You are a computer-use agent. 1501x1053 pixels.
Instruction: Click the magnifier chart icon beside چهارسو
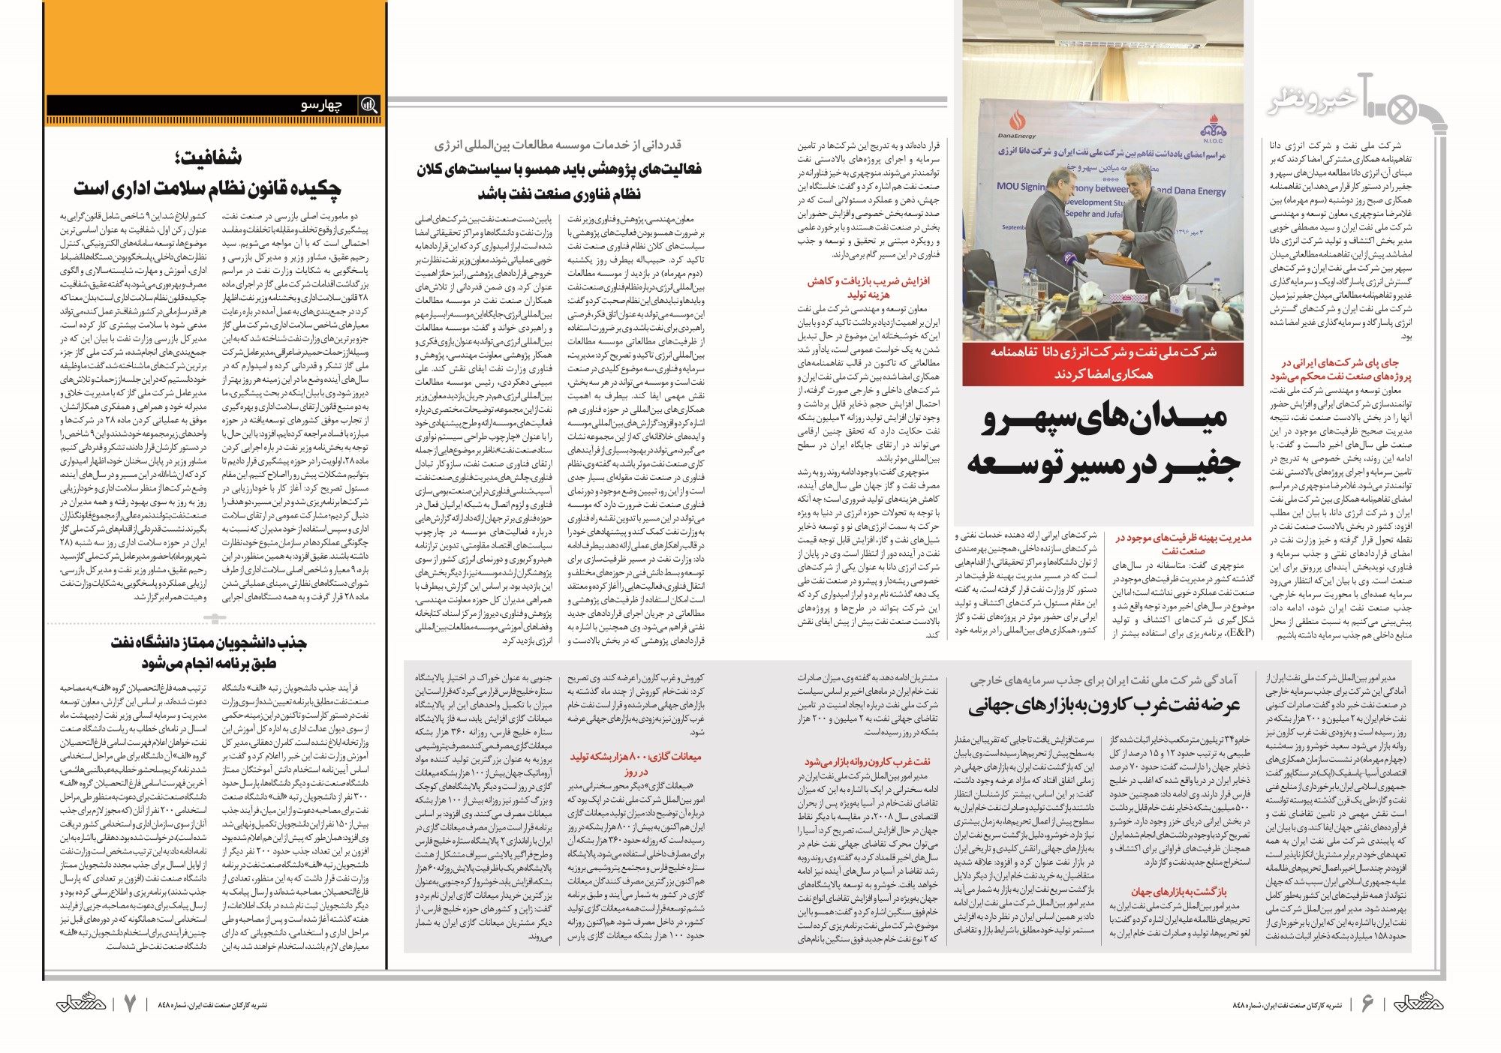368,106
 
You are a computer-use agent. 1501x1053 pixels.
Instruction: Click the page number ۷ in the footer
129,1003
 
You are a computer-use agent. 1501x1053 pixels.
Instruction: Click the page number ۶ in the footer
1367,1003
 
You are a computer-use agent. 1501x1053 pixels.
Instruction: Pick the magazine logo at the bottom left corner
82,1003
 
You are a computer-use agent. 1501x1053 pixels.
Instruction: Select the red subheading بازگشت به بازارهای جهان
1178,892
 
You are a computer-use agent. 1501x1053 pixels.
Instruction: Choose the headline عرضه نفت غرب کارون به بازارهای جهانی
1104,706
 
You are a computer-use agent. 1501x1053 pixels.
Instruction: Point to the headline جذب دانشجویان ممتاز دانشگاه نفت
209,643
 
